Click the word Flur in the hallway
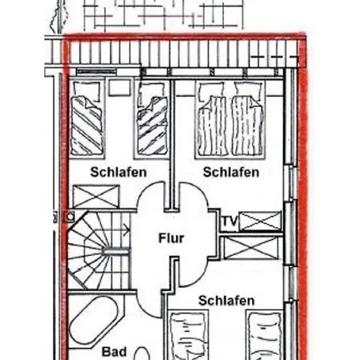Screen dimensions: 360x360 [171, 238]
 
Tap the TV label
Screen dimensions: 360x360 [230, 221]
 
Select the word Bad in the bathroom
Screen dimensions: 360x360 [114, 352]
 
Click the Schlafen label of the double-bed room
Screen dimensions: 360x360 [231, 172]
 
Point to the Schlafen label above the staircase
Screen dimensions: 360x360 [118, 172]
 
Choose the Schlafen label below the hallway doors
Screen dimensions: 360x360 [226, 301]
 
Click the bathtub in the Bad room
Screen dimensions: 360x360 [94, 322]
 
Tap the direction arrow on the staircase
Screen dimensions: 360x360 [126, 230]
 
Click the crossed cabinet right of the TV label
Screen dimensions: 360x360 [260, 221]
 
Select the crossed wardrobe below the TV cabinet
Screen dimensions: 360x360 [251, 248]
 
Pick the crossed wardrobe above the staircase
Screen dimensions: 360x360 [96, 197]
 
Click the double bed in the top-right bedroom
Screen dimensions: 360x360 [230, 119]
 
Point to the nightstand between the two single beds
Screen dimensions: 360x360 [120, 87]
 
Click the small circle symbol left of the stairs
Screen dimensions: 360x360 [70, 217]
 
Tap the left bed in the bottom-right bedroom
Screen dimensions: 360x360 [188, 334]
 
